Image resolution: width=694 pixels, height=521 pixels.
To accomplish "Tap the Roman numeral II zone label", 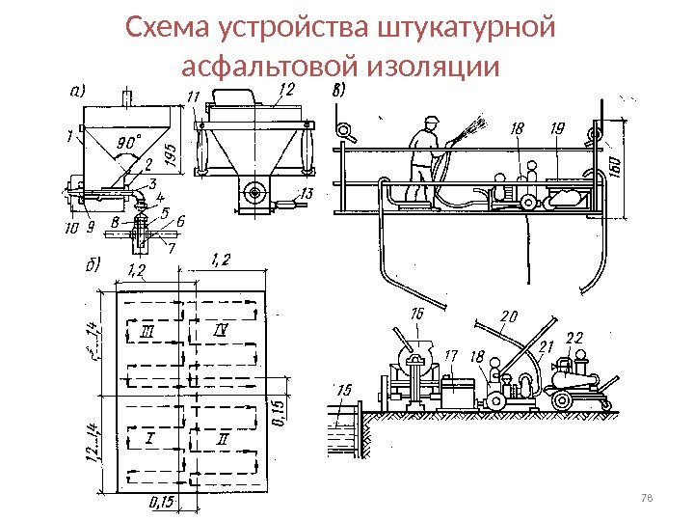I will click(x=223, y=440).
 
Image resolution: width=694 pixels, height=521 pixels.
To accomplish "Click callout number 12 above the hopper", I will click(x=285, y=89).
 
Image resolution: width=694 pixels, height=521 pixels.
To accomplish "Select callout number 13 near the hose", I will click(x=307, y=194).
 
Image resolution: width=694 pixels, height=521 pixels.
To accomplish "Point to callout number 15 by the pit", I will click(x=345, y=390).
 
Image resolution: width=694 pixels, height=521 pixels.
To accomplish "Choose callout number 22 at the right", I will click(x=574, y=338).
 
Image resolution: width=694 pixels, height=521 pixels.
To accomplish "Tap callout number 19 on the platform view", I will click(x=557, y=127).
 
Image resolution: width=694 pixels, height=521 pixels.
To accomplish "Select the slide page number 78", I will click(x=647, y=498).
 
